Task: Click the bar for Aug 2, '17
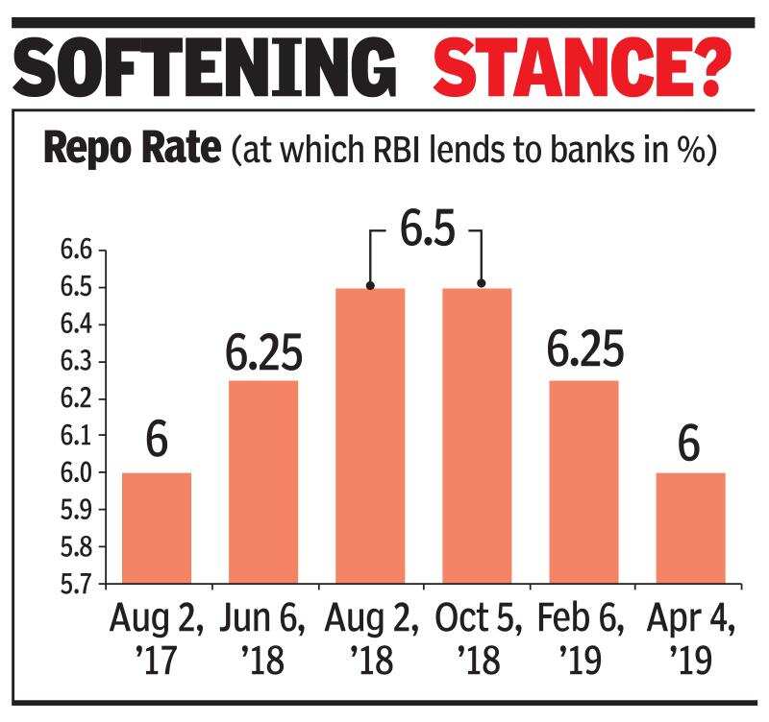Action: (157, 528)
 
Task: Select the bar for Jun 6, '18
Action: (263, 481)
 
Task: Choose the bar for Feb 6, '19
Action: (584, 481)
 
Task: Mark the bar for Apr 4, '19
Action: (690, 528)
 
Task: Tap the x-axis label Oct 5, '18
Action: (477, 638)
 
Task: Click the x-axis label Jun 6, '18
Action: (263, 638)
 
